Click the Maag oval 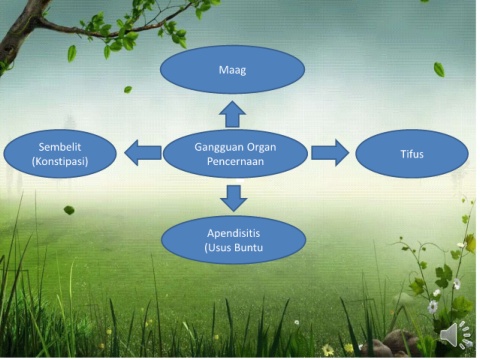pos(232,69)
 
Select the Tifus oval pos(412,154)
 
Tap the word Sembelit pos(60,147)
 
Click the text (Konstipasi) pos(60,161)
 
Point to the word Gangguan pos(214,147)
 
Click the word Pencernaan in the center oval pos(235,161)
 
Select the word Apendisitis pos(233,233)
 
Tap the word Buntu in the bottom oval pos(249,248)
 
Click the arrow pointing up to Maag pos(232,114)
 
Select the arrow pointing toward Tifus pos(330,153)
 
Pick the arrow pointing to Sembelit pos(143,153)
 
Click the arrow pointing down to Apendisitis pos(234,198)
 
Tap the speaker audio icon pos(455,334)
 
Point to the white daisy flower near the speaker pos(433,307)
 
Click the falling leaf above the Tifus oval pos(439,69)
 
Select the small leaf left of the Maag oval pos(128,89)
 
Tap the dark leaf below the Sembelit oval pos(69,210)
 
